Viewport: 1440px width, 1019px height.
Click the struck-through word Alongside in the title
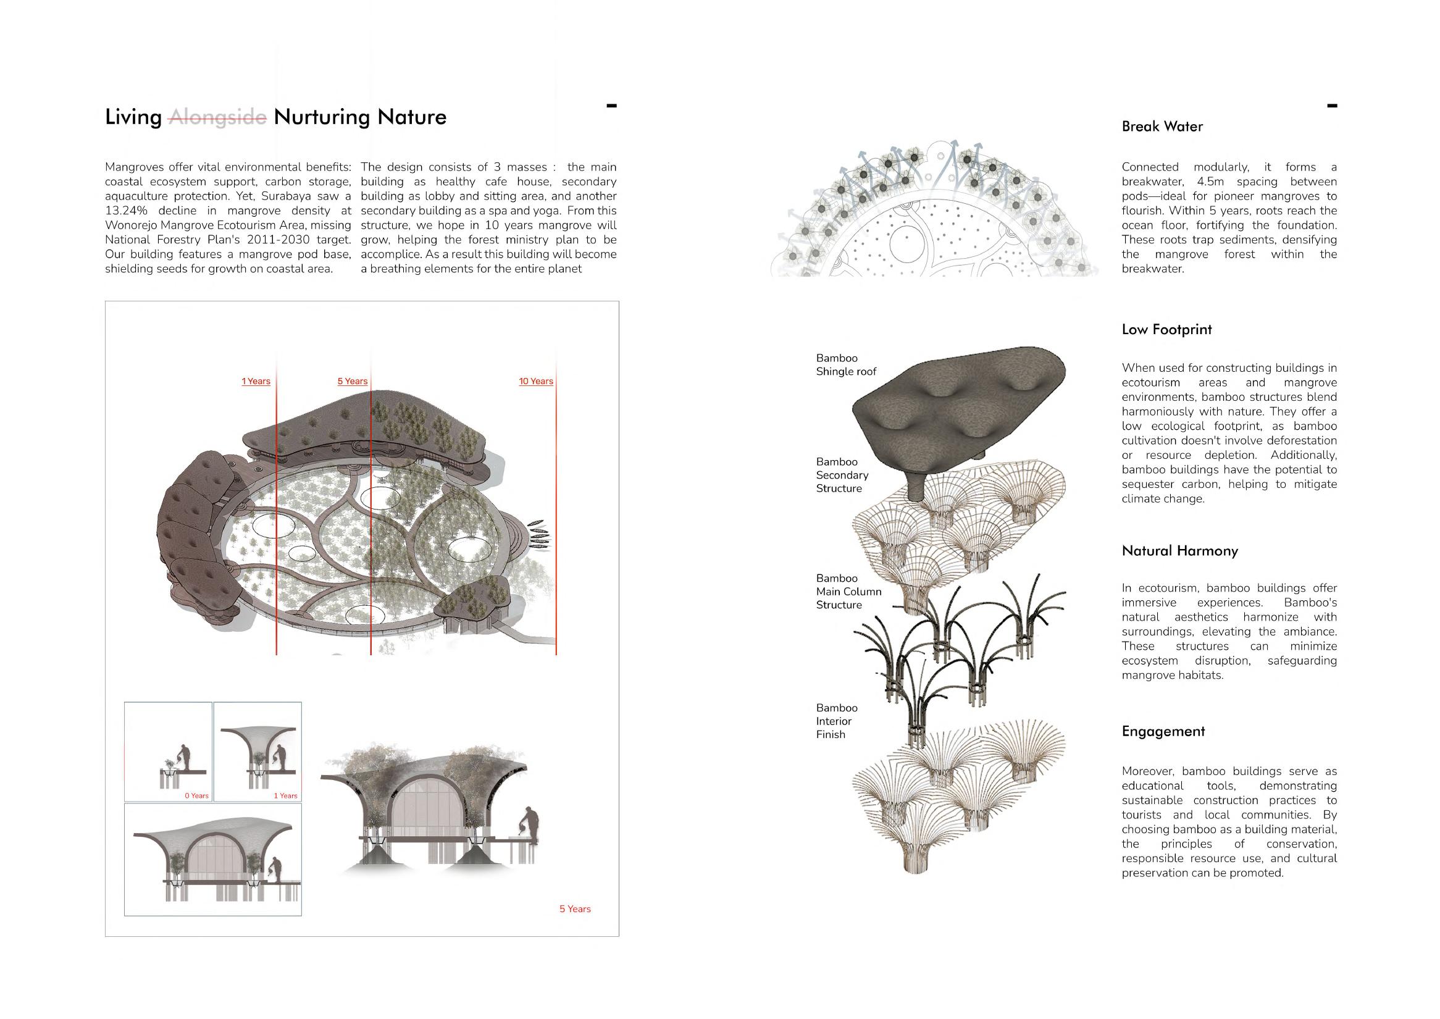[218, 117]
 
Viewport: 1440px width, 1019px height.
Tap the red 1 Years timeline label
[256, 382]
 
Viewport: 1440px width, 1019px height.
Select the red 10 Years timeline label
[536, 382]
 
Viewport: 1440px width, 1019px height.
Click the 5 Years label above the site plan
[353, 382]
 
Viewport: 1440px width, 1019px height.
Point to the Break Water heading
[1162, 127]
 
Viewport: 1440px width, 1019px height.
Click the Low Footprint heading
[1166, 329]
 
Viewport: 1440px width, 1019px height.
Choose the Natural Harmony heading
[1179, 551]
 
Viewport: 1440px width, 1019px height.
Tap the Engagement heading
[1163, 731]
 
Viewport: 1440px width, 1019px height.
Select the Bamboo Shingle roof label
[846, 364]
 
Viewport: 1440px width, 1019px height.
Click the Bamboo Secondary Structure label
[842, 475]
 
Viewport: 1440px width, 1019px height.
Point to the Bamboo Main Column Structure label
[848, 591]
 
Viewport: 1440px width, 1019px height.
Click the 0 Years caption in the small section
[196, 795]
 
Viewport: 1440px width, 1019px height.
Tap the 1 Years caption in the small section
[285, 795]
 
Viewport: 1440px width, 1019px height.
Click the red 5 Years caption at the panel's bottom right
[575, 909]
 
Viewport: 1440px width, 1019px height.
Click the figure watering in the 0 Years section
[184, 757]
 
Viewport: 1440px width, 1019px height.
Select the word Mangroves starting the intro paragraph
[134, 167]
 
